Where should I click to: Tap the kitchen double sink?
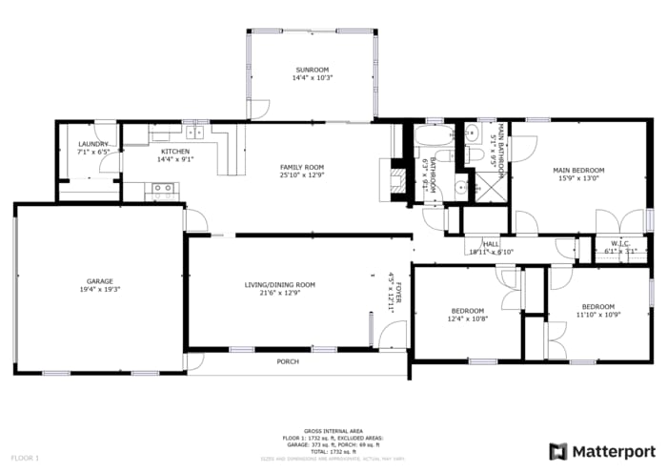click(196, 133)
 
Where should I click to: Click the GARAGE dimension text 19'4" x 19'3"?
click(100, 290)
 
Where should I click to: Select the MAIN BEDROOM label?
click(578, 171)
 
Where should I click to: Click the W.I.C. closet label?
click(621, 243)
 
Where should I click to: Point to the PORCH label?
click(287, 361)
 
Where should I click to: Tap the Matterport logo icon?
click(558, 451)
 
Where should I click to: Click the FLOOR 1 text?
click(26, 459)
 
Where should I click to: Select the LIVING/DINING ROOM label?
click(279, 285)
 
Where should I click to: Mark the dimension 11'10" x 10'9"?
click(598, 315)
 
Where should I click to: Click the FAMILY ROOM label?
click(301, 167)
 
